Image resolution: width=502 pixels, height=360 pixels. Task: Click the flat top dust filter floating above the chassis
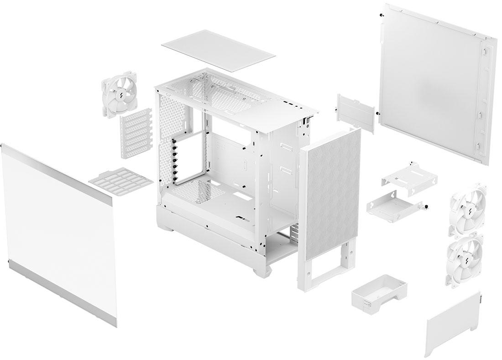(x=218, y=51)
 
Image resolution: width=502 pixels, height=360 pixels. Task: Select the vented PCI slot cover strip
(x=136, y=136)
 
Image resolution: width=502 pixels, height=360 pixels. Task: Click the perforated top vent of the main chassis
(x=219, y=89)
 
